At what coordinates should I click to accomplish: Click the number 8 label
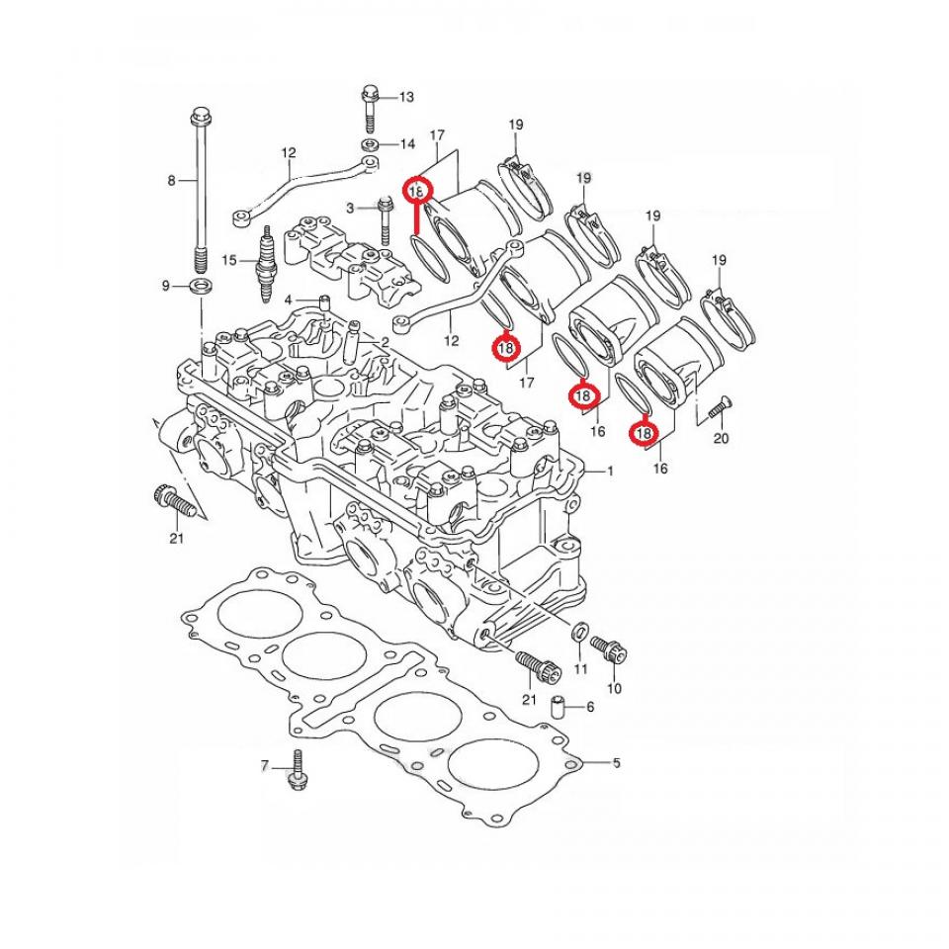(171, 181)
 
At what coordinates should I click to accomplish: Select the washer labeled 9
(199, 287)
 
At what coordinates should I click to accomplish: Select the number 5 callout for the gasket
(616, 763)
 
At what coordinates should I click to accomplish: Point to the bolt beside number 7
(296, 771)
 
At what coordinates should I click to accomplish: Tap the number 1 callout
(611, 472)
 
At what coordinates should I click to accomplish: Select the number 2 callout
(385, 341)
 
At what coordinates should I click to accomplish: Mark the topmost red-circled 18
(417, 190)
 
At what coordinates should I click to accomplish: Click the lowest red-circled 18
(644, 433)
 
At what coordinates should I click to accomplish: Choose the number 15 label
(230, 261)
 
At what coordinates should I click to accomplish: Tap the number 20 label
(721, 438)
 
